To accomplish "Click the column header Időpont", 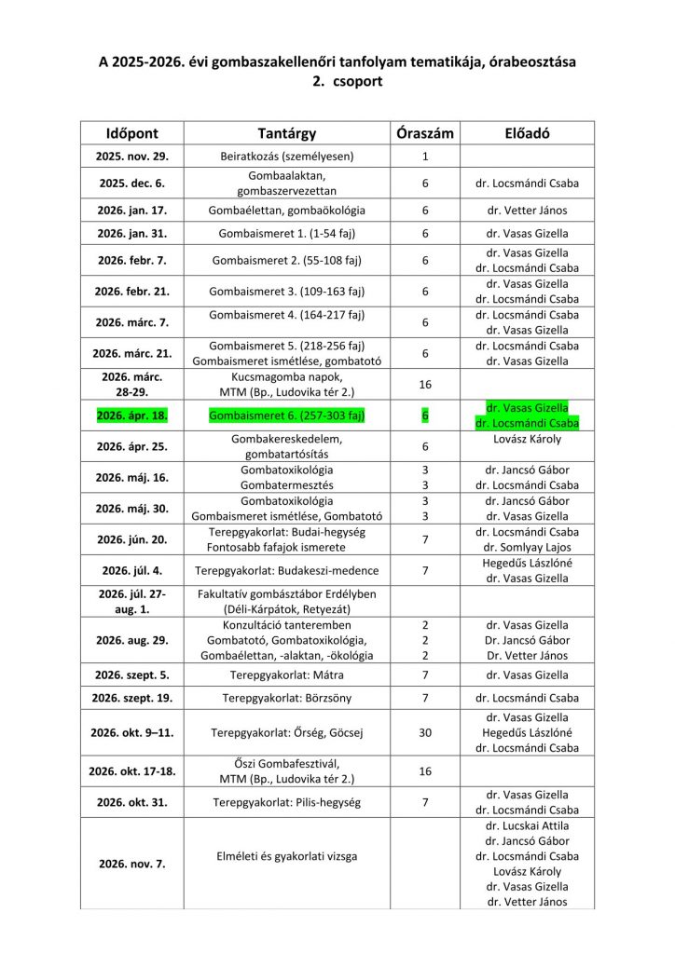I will click(131, 133).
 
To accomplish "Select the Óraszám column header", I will click(424, 133).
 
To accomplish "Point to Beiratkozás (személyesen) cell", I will click(286, 157).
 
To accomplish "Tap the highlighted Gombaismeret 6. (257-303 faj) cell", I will click(286, 415).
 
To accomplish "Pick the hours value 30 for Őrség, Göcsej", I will click(424, 732).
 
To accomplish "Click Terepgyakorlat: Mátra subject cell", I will click(286, 675).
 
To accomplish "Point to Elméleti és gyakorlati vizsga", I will click(286, 855).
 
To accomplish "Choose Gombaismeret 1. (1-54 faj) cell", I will click(286, 234).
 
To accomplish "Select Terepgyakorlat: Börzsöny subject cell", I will click(286, 698).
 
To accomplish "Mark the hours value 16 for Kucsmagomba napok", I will click(424, 384).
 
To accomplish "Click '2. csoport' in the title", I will click(337, 81).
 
